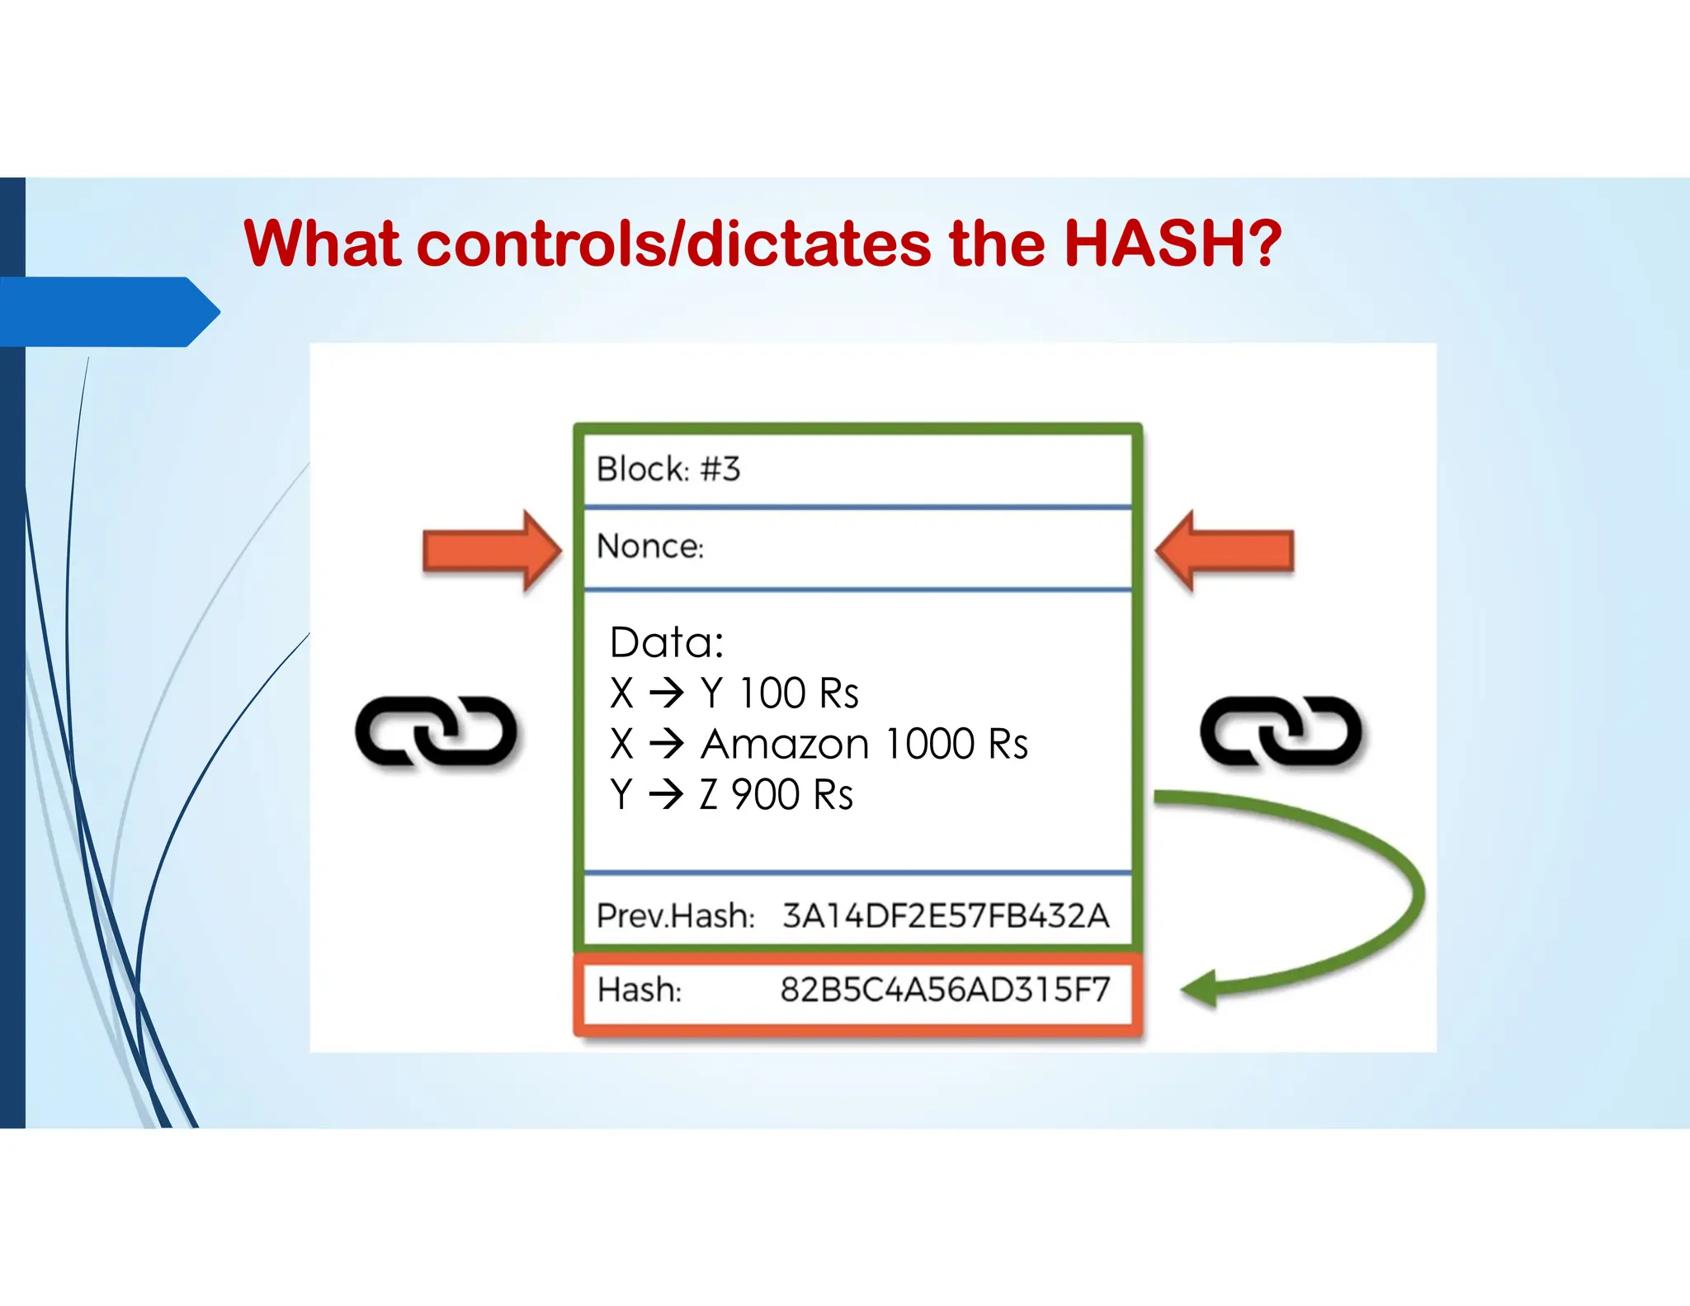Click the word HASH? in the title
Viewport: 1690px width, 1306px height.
(x=1172, y=244)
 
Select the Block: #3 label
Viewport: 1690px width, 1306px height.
(x=668, y=469)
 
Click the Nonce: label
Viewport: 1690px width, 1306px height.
(x=650, y=547)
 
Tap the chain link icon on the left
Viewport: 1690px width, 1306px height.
(x=436, y=731)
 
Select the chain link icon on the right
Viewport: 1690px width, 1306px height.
(x=1281, y=731)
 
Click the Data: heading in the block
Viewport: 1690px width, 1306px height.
(x=667, y=642)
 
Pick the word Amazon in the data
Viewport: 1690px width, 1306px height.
(x=785, y=744)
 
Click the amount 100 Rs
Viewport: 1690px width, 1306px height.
(x=798, y=693)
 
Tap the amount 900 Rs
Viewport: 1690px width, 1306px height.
(x=791, y=795)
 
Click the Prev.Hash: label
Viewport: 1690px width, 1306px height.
(x=676, y=916)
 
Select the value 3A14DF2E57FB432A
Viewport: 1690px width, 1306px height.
(x=946, y=916)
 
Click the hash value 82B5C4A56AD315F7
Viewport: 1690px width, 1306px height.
(x=946, y=989)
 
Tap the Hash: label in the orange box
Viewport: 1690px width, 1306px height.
(x=640, y=989)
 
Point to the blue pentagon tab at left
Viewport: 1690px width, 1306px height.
(x=107, y=312)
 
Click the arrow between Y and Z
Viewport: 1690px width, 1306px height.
(x=666, y=795)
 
